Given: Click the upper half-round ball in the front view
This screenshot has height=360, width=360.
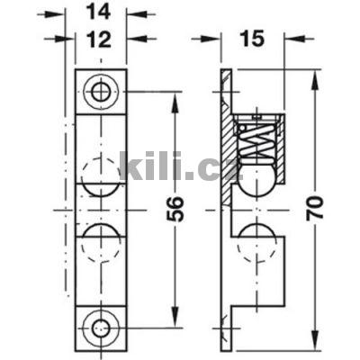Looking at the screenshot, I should tap(100, 171).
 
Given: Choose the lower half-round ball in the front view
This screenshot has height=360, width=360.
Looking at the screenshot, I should tap(100, 241).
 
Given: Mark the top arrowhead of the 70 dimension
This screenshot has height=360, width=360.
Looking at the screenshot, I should tap(314, 76).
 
